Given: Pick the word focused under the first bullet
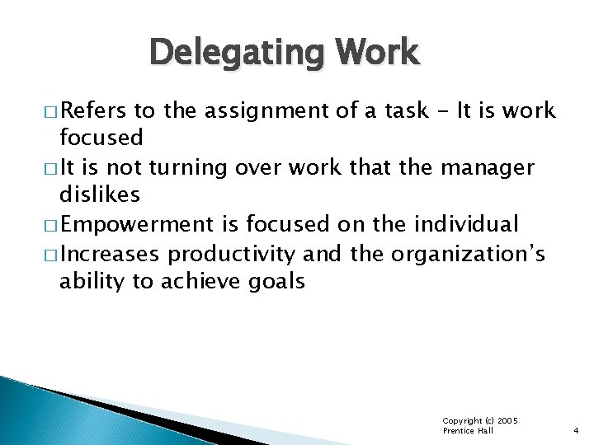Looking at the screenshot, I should click(x=101, y=136).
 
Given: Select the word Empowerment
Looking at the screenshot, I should click(x=136, y=224).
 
